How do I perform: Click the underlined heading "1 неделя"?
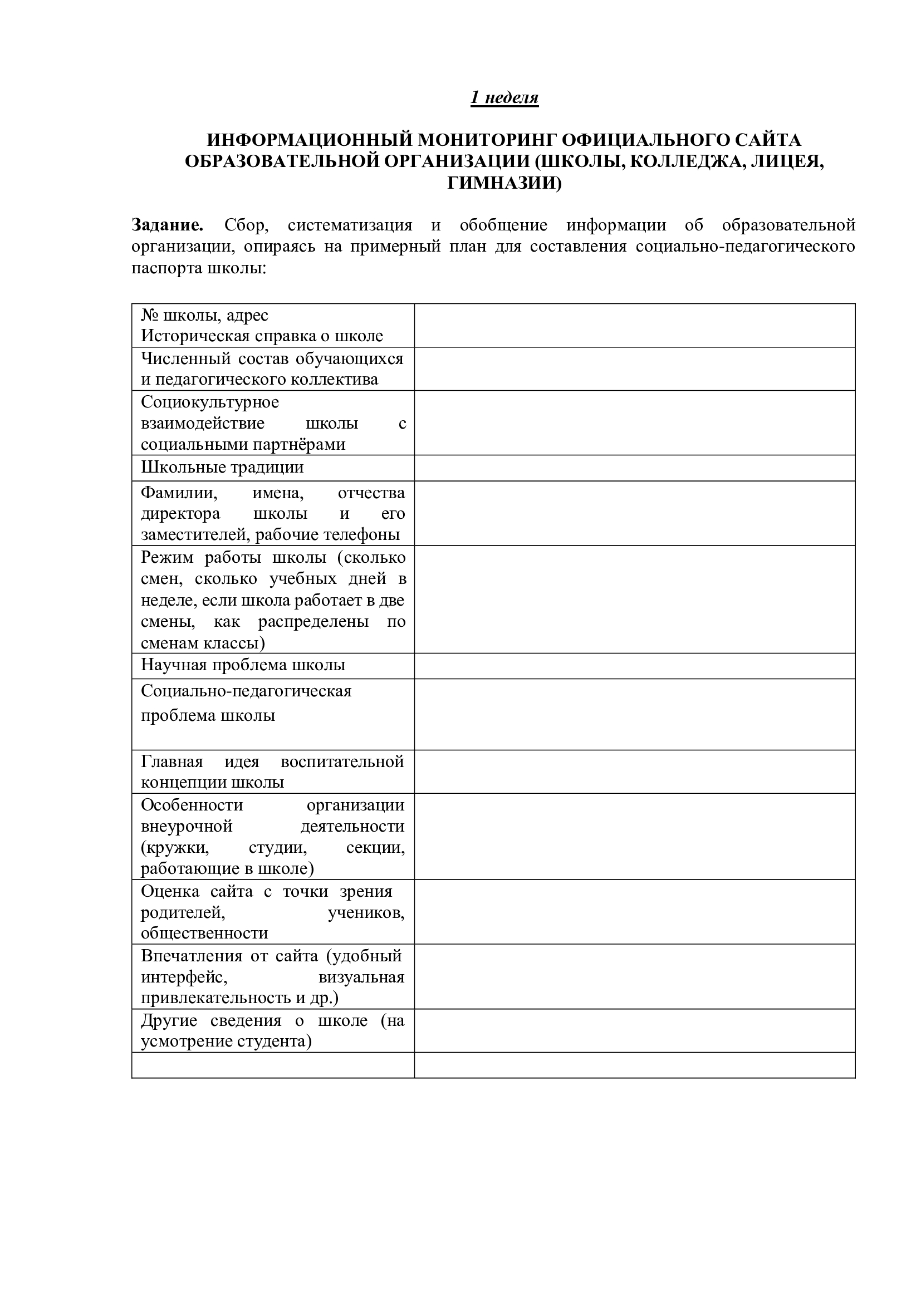[504, 97]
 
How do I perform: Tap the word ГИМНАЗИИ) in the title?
[504, 183]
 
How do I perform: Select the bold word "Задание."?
[167, 225]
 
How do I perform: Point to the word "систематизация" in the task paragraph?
[350, 225]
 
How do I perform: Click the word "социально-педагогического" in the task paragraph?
[745, 247]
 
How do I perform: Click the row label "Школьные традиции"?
[222, 467]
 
